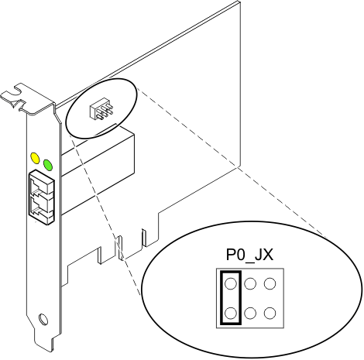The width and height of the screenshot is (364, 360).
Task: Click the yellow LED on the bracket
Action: pyautogui.click(x=34, y=157)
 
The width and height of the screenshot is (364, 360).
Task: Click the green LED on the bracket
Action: pyautogui.click(x=48, y=164)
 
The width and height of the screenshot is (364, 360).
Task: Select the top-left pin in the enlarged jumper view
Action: pyautogui.click(x=229, y=284)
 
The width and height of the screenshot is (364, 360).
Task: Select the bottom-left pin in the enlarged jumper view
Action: pyautogui.click(x=229, y=312)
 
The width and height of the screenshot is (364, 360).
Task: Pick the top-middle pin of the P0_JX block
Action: pyautogui.click(x=250, y=284)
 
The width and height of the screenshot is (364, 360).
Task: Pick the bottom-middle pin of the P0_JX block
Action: pyautogui.click(x=250, y=312)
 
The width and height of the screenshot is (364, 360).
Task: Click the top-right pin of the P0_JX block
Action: pyautogui.click(x=270, y=284)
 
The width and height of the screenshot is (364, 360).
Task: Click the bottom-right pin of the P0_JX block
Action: pyautogui.click(x=270, y=312)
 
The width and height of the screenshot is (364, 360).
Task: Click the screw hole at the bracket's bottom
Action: pyautogui.click(x=44, y=318)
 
